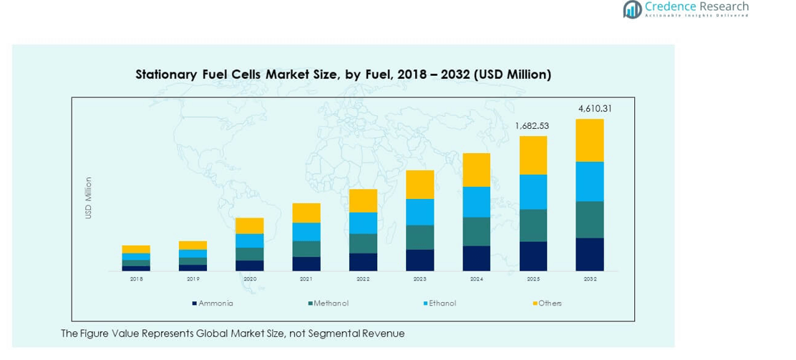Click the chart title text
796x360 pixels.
pos(343,74)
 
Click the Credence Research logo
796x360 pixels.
pos(685,9)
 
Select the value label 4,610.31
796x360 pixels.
pos(595,109)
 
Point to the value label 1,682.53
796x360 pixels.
pos(532,126)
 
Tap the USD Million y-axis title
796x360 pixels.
pos(89,198)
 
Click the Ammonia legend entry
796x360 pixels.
pos(212,303)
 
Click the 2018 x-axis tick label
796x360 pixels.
pos(136,279)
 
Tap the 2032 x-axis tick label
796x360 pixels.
pos(590,279)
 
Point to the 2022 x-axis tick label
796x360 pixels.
pos(363,279)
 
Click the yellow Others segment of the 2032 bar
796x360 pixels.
pos(590,140)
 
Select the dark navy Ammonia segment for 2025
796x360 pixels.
pos(533,256)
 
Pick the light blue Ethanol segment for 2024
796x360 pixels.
pos(476,202)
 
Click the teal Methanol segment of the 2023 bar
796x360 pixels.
pos(419,237)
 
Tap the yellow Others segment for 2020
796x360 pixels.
pos(249,225)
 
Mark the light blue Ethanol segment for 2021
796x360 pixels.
pos(306,232)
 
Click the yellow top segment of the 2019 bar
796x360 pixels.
pos(193,245)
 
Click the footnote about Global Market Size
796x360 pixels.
pos(232,334)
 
